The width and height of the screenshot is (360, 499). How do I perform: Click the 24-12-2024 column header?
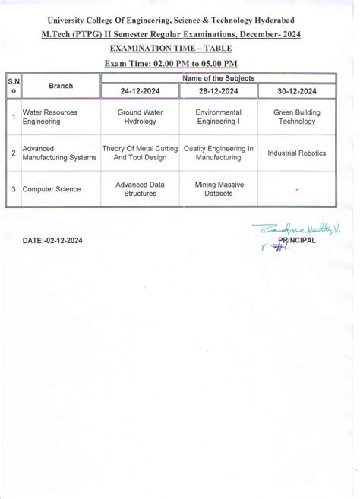tap(139, 91)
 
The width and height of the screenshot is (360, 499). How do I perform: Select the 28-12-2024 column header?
tap(218, 91)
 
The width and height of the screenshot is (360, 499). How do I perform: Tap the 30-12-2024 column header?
tap(296, 91)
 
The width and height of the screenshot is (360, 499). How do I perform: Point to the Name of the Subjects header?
tap(217, 77)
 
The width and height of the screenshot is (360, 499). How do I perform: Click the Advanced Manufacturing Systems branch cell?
tap(59, 153)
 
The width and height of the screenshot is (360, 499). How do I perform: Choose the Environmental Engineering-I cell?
tap(218, 115)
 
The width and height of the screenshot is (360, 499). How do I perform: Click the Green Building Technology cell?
tap(296, 115)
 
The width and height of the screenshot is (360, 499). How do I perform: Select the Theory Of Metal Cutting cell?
tap(138, 153)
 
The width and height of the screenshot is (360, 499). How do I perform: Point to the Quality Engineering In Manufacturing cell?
tap(218, 153)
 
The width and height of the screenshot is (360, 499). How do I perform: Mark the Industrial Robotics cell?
tap(296, 153)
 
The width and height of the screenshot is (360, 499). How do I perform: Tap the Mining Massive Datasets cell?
tap(218, 188)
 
